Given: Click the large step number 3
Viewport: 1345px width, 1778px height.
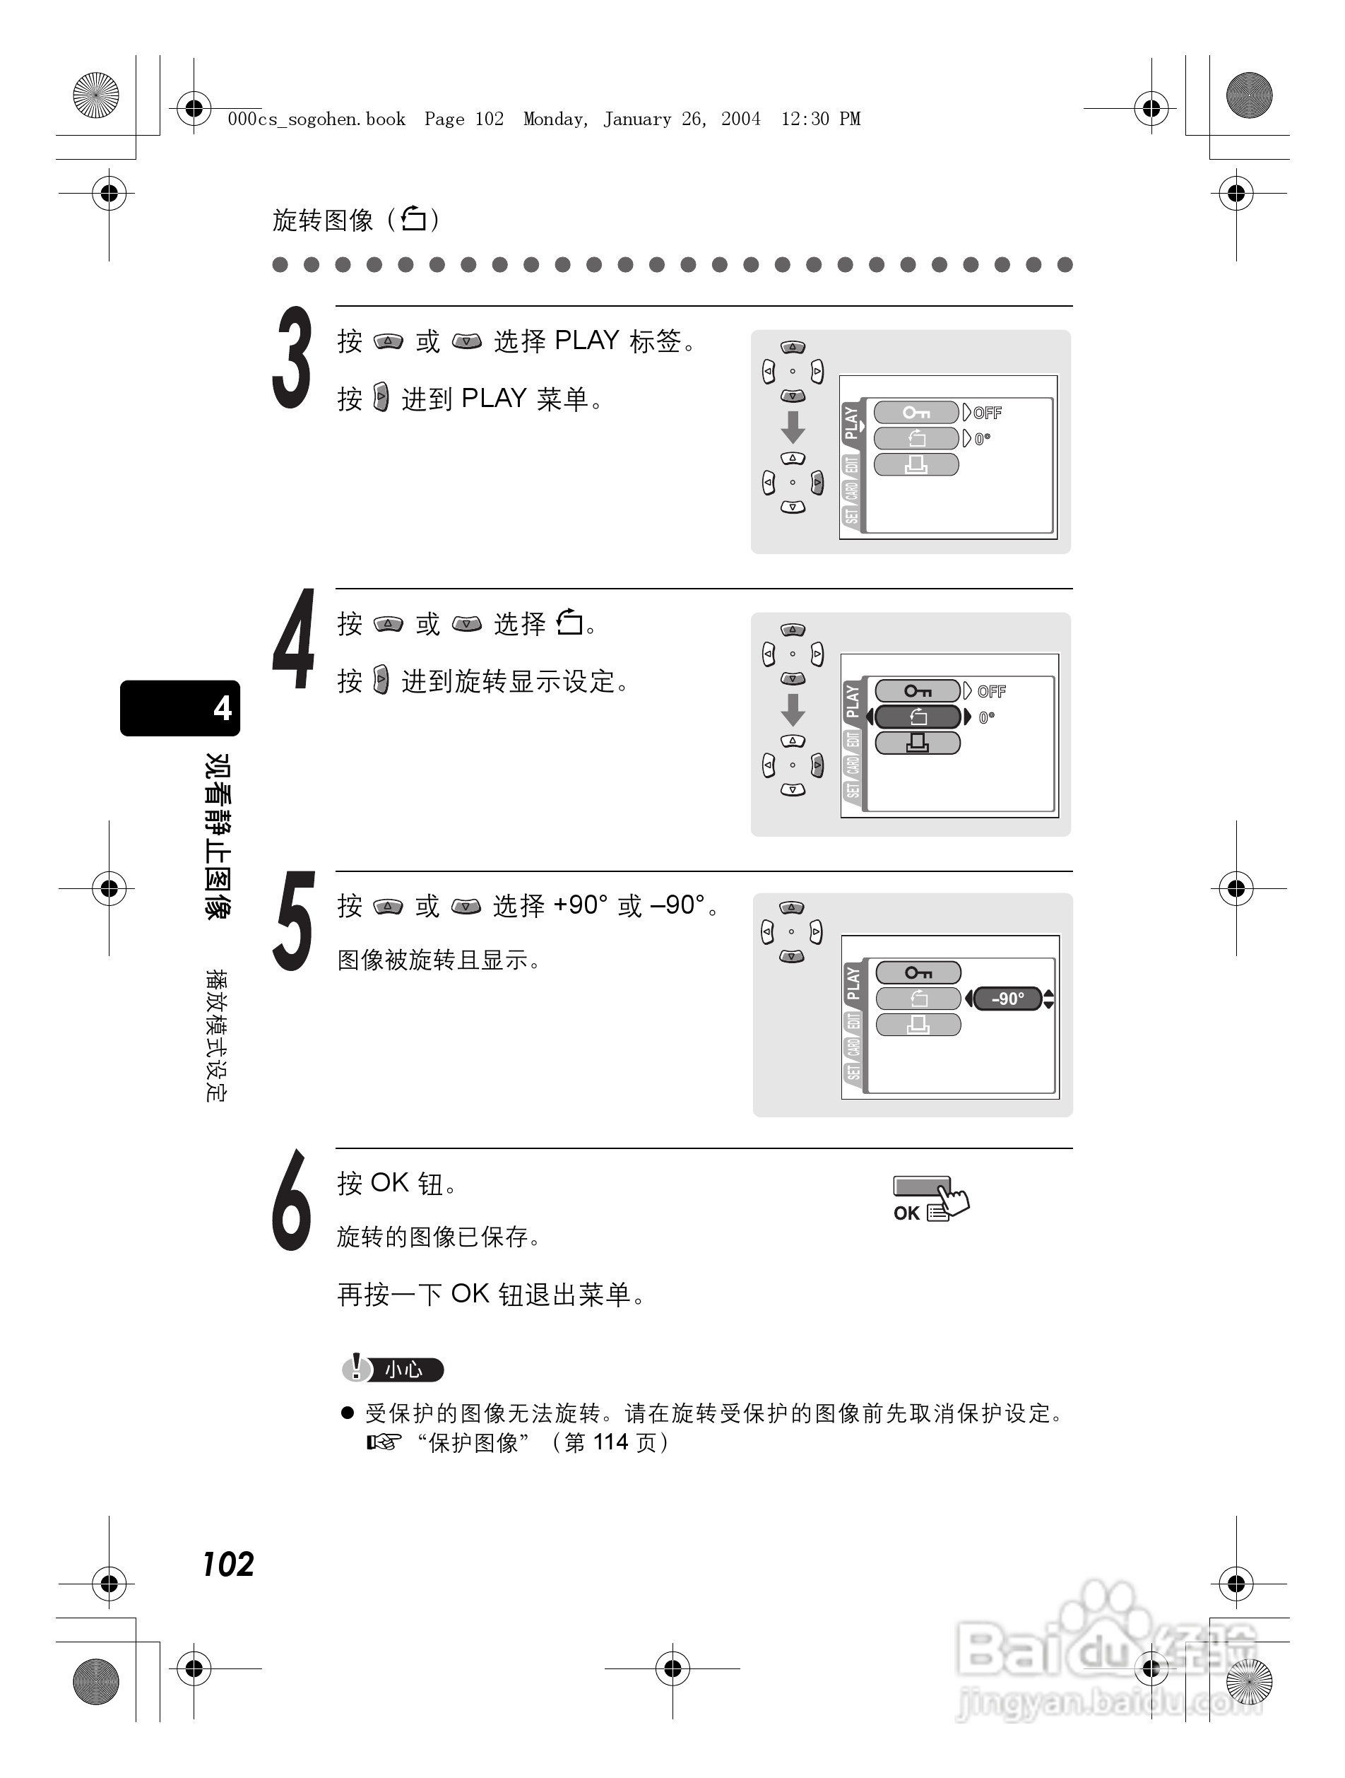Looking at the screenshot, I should point(292,358).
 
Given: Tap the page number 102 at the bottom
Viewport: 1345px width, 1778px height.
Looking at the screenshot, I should point(228,1564).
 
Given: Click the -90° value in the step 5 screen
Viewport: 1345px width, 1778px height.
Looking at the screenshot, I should point(1007,999).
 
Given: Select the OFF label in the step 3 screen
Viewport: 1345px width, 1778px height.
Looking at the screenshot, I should point(988,413).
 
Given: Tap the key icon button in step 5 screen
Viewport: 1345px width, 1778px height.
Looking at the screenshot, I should point(918,972).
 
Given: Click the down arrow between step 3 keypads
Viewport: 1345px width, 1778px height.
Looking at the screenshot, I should point(793,427).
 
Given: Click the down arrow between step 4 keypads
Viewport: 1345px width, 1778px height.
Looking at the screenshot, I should point(793,709).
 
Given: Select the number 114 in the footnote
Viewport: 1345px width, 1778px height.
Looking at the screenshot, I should point(610,1443).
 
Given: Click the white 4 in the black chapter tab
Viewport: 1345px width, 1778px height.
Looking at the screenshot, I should point(222,708).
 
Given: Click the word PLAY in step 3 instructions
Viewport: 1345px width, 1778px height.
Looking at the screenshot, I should point(586,341).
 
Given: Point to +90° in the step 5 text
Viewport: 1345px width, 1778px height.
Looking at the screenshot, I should point(580,906).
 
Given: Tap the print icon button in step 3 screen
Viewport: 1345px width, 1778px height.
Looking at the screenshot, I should point(916,464).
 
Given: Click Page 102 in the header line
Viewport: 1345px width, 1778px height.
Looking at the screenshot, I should point(463,119).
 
